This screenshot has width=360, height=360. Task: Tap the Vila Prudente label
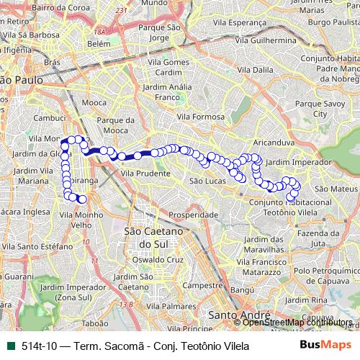[x=145, y=174]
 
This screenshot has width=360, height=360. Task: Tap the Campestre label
[x=202, y=285]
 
